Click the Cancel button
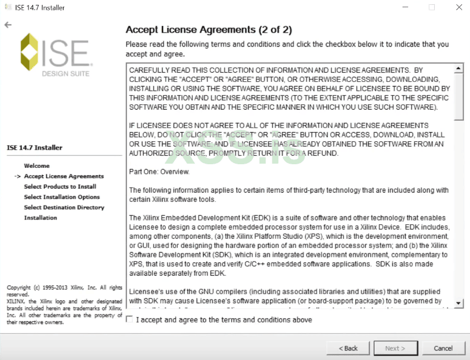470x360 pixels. tap(443, 348)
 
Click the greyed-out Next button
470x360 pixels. tap(395, 348)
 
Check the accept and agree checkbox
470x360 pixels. tap(129, 319)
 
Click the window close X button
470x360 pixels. tap(458, 7)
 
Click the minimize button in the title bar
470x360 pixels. tap(405, 7)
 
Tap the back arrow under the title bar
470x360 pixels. tap(7, 25)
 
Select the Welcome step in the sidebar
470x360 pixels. tap(37, 165)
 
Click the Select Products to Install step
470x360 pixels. tap(60, 187)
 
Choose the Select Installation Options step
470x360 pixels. tap(62, 197)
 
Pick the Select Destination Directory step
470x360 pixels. tap(64, 207)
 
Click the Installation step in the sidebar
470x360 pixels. tap(41, 218)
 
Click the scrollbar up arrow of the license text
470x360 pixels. tap(459, 68)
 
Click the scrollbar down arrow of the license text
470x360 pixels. tap(459, 303)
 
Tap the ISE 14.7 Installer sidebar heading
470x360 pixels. tap(35, 147)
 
